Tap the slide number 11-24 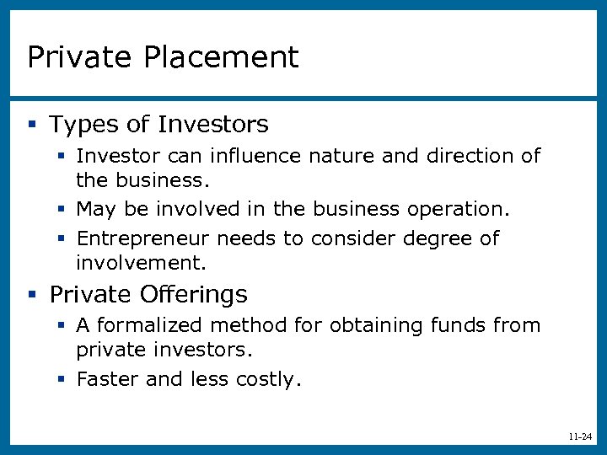580,436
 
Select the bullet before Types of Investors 32,125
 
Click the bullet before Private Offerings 32,294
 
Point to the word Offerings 195,294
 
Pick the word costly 270,380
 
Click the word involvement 141,263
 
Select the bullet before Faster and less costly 62,379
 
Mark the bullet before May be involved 62,207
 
